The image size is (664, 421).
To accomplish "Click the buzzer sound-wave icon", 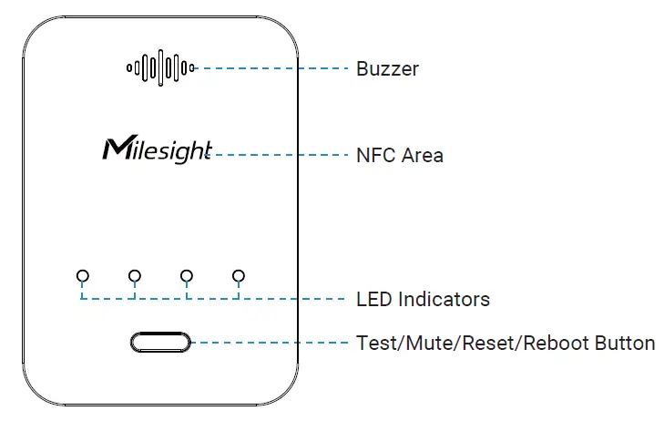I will click(160, 67).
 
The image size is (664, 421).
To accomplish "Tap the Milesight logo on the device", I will click(158, 149).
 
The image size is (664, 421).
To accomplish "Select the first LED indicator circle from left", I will click(83, 275).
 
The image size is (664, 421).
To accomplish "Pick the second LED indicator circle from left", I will click(135, 275).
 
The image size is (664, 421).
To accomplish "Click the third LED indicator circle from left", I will click(187, 275).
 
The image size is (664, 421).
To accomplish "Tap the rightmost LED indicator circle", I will click(239, 275).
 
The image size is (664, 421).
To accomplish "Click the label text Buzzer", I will click(387, 69).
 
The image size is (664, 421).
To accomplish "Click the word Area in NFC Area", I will click(423, 155).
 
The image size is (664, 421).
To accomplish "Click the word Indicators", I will click(444, 299).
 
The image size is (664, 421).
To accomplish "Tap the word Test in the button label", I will click(375, 344).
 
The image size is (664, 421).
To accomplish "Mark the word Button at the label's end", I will click(623, 344).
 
